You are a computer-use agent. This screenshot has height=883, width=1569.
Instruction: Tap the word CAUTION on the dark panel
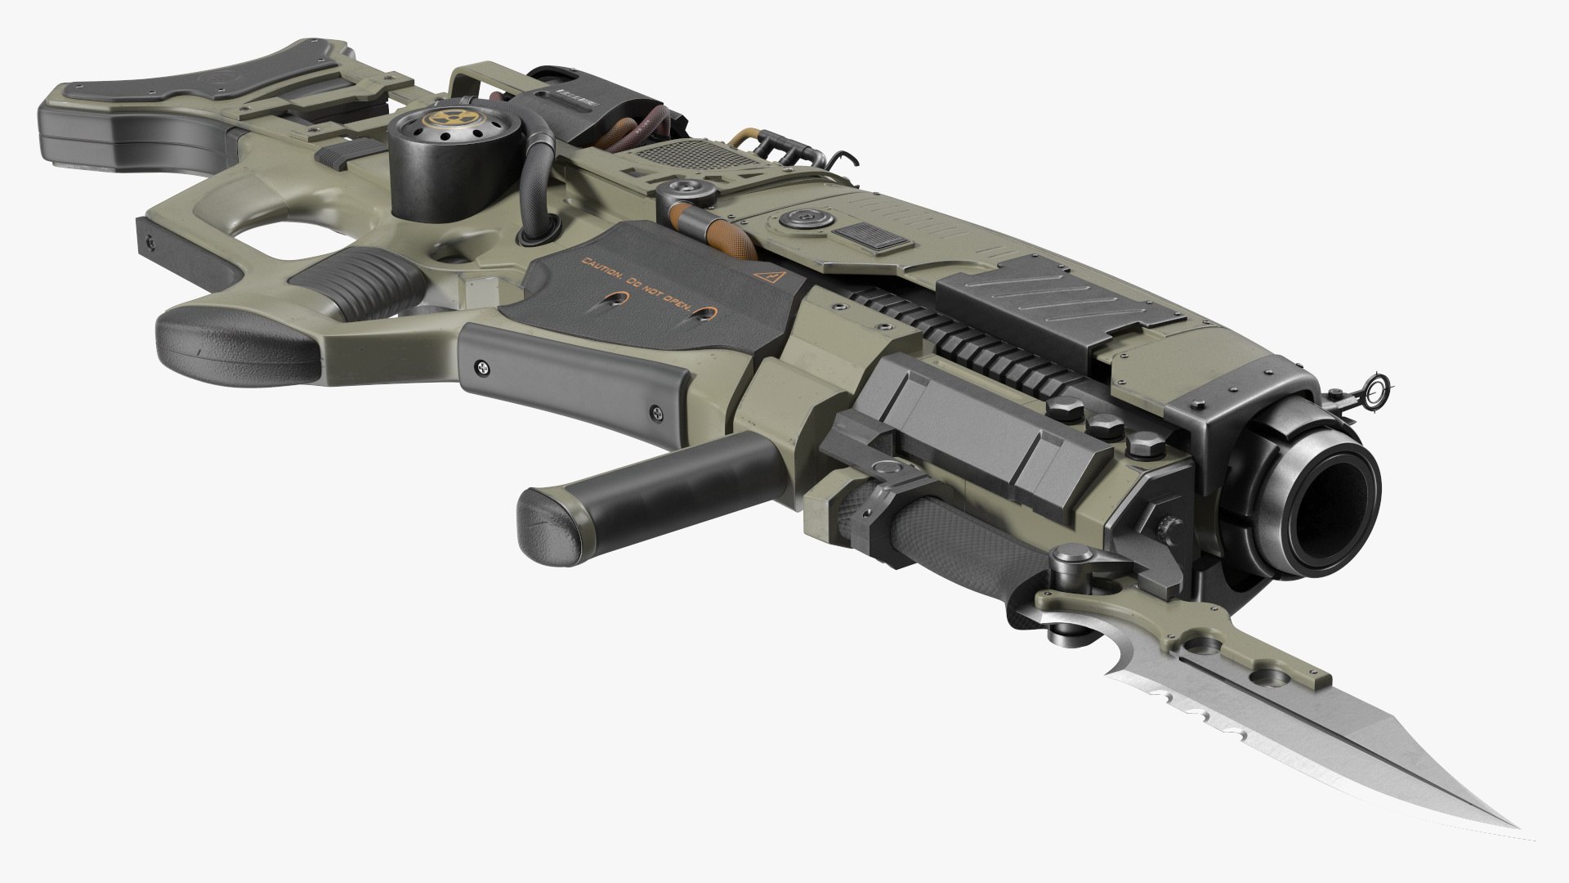point(601,263)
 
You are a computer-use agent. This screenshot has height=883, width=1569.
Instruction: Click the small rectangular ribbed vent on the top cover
point(872,238)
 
